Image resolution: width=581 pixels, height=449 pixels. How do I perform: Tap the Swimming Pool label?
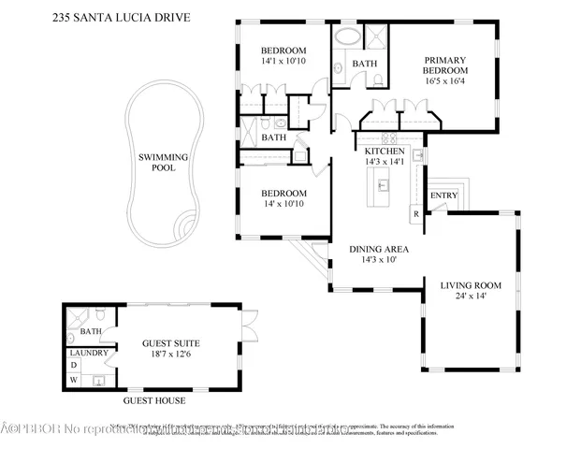pos(164,163)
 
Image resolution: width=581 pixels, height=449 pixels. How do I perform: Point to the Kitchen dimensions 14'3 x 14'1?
pos(384,162)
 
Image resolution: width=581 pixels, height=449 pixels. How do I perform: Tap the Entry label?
pos(442,195)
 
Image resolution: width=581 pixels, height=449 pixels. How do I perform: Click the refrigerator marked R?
pos(414,213)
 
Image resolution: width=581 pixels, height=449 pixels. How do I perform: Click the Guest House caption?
pos(154,400)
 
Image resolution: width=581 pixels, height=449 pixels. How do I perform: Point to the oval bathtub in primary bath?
pos(346,39)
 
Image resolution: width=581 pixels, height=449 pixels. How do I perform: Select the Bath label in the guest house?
pos(91,330)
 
